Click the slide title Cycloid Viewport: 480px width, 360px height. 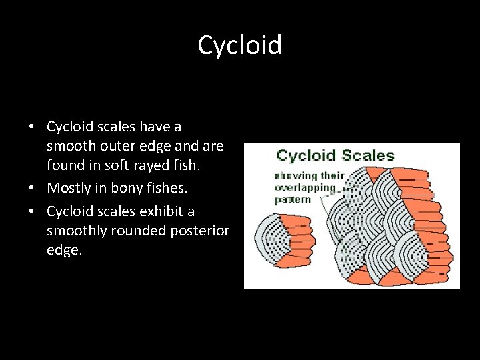240,45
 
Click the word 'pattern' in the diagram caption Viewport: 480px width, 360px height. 293,199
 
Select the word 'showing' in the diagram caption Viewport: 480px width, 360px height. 294,176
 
